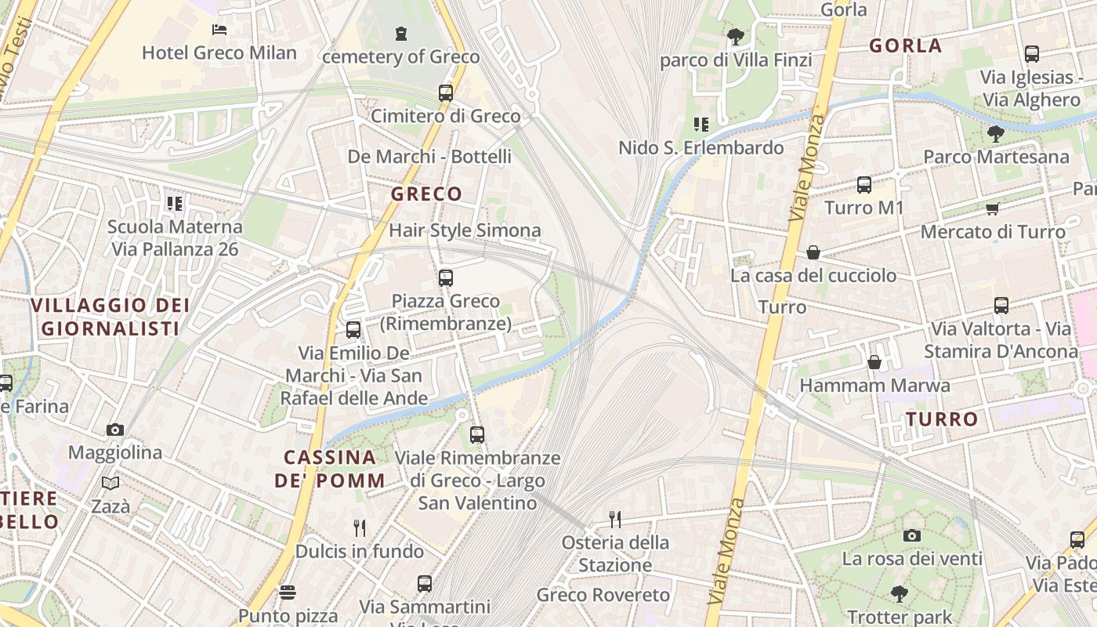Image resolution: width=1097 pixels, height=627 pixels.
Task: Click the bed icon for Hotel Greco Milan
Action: point(219,30)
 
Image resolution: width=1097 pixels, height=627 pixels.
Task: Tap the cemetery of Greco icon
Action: point(401,33)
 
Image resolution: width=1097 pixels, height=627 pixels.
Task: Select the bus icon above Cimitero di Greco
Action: point(446,92)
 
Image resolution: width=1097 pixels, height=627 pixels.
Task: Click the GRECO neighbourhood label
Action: point(426,194)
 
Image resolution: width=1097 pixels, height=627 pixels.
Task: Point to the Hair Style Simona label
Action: point(465,230)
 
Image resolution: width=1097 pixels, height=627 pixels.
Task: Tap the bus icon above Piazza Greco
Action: point(446,277)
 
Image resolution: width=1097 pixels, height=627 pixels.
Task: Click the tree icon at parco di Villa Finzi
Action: point(735,36)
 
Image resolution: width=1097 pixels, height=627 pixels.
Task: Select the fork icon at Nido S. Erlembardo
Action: point(701,124)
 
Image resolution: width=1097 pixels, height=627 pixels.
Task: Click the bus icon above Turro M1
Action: point(864,184)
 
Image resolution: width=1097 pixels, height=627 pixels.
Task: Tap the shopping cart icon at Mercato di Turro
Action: point(993,208)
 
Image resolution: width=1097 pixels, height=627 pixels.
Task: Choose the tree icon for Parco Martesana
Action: point(996,133)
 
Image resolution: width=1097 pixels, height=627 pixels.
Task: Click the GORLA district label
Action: point(905,45)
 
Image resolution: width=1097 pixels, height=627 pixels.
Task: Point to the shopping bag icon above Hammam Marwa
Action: point(874,362)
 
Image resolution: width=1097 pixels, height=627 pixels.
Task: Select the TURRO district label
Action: point(942,419)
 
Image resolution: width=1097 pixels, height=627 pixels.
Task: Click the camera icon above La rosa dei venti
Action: point(912,535)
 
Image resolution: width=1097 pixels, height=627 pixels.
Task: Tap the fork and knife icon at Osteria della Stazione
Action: point(615,519)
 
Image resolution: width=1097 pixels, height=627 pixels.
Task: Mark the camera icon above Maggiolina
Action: point(115,429)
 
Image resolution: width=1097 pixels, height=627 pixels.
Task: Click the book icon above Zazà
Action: point(110,483)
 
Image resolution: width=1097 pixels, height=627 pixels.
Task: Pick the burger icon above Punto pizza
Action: point(288,592)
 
